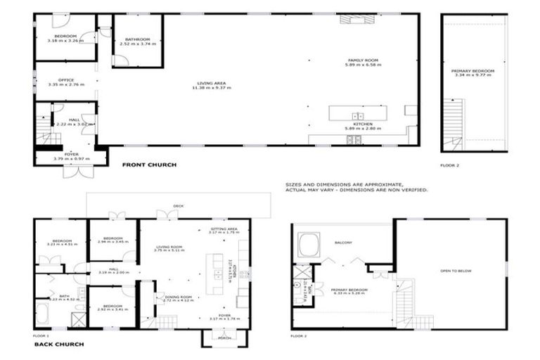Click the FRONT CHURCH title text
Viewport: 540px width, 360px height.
[149, 165]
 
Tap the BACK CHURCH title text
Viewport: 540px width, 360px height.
[60, 345]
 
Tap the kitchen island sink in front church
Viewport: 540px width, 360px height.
[357, 115]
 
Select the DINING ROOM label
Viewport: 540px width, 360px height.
[179, 298]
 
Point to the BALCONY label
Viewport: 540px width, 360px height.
[343, 243]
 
